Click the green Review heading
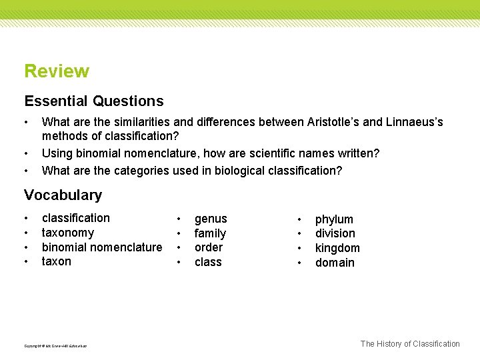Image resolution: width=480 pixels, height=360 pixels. [57, 71]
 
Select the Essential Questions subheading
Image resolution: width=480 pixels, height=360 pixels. [93, 101]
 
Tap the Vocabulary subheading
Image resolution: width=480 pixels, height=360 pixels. [63, 195]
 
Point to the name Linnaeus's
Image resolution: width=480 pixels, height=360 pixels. [414, 122]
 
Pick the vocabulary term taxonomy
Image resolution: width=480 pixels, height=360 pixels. [68, 233]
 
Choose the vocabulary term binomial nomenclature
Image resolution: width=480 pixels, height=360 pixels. [102, 247]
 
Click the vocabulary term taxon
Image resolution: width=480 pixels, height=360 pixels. [56, 261]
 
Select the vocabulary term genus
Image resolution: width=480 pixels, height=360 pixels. [211, 219]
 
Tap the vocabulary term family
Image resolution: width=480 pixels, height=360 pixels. [210, 233]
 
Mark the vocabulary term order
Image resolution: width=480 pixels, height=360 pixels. [209, 247]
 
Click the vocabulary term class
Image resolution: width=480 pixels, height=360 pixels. [208, 262]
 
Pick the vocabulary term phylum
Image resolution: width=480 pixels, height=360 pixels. [334, 219]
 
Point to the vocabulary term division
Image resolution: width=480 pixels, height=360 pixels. [335, 233]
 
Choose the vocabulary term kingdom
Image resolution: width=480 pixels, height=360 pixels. [337, 248]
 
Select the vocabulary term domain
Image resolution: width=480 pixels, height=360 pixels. [335, 263]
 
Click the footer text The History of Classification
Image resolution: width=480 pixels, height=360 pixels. [410, 344]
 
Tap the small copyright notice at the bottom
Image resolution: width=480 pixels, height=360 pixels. [55, 345]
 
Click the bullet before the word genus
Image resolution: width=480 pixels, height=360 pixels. [179, 219]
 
